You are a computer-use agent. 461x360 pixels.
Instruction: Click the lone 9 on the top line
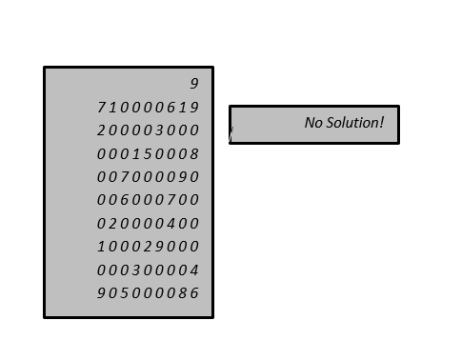(194, 84)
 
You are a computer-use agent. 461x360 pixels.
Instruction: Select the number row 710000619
(149, 107)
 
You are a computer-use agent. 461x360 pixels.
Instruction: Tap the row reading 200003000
(149, 130)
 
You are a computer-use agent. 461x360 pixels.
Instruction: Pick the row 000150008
(149, 153)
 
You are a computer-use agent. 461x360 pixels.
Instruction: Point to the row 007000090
(149, 177)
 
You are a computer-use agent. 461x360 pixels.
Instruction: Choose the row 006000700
(149, 200)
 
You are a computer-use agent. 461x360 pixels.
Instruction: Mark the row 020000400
(149, 224)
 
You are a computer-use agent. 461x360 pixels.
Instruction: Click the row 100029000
(149, 247)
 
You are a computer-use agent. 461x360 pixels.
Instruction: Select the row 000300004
(149, 270)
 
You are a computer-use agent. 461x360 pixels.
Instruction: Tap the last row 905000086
(149, 293)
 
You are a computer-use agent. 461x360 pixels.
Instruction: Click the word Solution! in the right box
(353, 123)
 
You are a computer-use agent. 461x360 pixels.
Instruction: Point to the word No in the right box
(313, 123)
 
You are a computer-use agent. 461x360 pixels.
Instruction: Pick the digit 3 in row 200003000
(159, 130)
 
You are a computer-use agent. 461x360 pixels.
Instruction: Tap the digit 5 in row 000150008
(148, 153)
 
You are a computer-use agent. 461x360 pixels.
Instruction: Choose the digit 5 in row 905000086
(125, 293)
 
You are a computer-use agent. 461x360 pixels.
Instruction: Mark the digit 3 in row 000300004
(136, 270)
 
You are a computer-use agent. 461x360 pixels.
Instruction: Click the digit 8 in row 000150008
(194, 153)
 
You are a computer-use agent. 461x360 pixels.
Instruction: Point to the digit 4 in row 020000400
(171, 224)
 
